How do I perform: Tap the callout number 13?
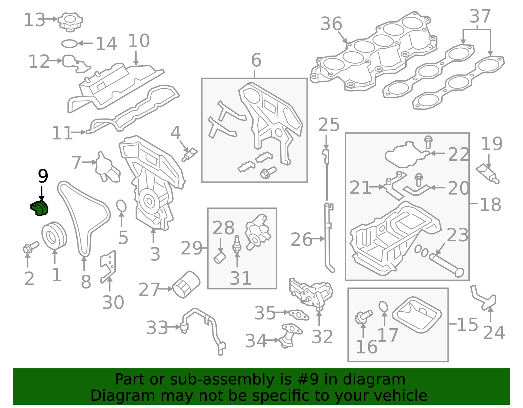point(34,20)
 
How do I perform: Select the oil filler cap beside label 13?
point(70,22)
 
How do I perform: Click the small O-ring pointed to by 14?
point(69,43)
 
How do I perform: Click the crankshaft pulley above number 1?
point(54,236)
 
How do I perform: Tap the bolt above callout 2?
point(30,247)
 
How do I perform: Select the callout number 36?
point(331,24)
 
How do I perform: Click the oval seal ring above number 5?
point(121,206)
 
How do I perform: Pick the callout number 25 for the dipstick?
point(329,125)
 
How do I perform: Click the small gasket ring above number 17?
point(383,307)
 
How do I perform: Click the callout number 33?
point(157,328)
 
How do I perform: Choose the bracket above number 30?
point(108,265)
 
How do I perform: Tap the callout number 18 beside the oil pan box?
point(490,205)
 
